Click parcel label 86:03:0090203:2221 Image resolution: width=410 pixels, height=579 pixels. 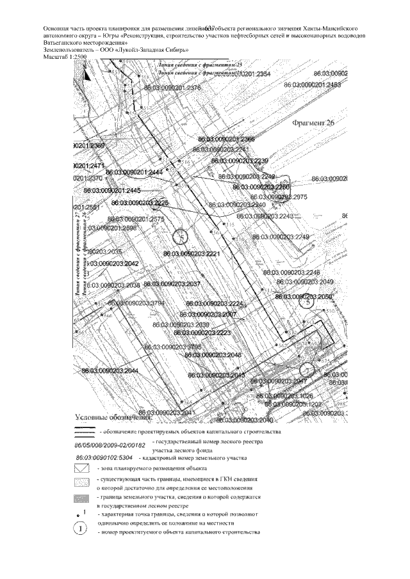click(x=192, y=254)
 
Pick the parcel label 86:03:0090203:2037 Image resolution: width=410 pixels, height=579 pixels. click(x=172, y=283)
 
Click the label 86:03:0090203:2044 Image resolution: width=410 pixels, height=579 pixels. click(x=110, y=370)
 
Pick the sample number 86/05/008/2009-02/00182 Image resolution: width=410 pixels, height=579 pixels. click(x=110, y=443)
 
